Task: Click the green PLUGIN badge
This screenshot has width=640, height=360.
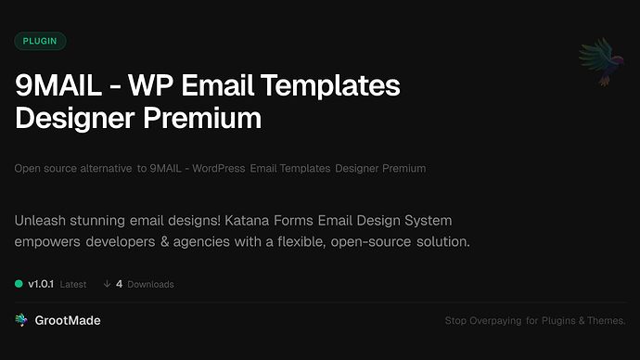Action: click(40, 41)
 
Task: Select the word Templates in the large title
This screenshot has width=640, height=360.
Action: click(333, 87)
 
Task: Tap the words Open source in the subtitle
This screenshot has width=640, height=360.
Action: click(45, 169)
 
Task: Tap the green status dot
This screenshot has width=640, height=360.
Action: click(19, 284)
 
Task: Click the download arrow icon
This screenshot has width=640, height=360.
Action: click(107, 284)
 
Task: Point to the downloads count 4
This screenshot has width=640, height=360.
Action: click(119, 284)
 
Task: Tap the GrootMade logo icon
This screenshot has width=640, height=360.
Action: click(21, 320)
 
